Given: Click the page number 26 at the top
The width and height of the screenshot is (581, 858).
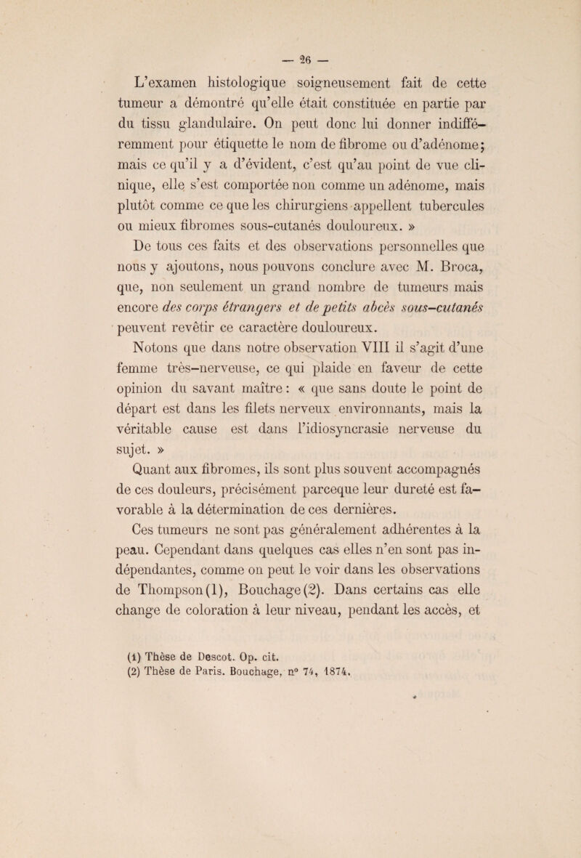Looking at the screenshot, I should tap(290, 17).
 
